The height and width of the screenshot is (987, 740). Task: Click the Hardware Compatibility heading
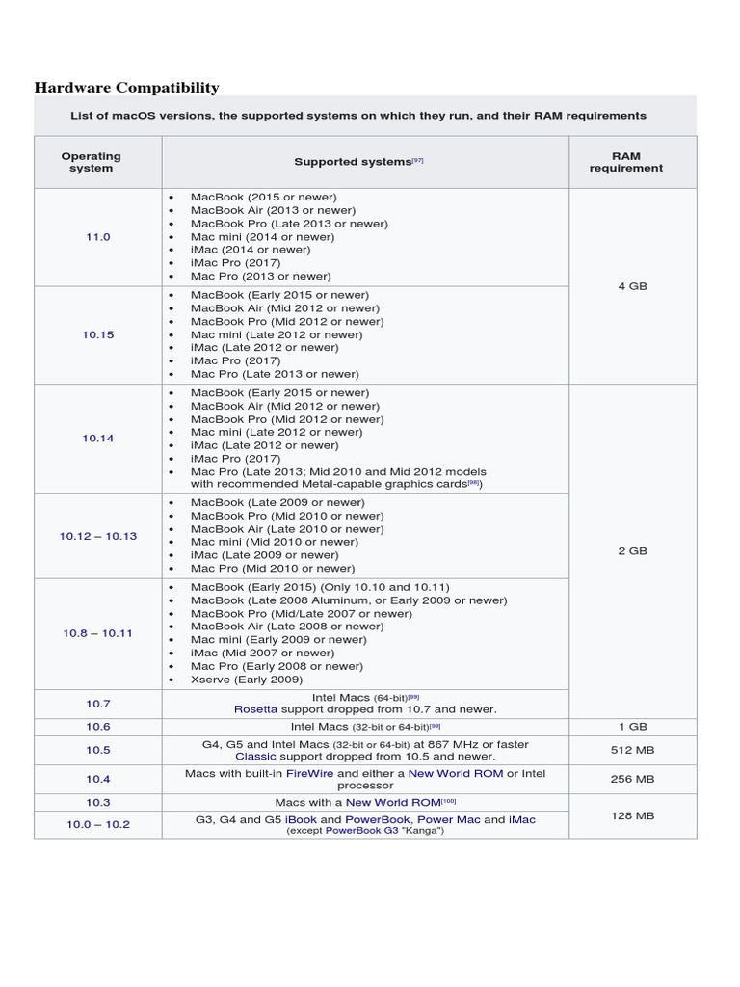(126, 88)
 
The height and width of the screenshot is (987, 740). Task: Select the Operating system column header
(92, 162)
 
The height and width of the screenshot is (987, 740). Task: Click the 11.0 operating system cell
(98, 236)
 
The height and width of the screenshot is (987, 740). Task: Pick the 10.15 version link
(98, 334)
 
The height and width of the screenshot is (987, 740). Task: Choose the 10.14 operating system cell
(98, 438)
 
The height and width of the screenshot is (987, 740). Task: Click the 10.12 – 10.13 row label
(98, 536)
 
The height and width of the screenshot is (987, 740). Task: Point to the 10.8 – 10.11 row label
(98, 633)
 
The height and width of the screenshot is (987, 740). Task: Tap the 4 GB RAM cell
(632, 286)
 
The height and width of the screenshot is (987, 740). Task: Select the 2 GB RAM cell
(632, 551)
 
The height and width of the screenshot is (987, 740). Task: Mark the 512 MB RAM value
(632, 751)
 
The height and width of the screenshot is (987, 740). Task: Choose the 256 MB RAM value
(632, 779)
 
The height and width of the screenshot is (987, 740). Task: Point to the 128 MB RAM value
(632, 815)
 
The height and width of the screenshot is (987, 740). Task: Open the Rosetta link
(255, 709)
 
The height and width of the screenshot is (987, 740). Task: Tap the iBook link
(301, 819)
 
